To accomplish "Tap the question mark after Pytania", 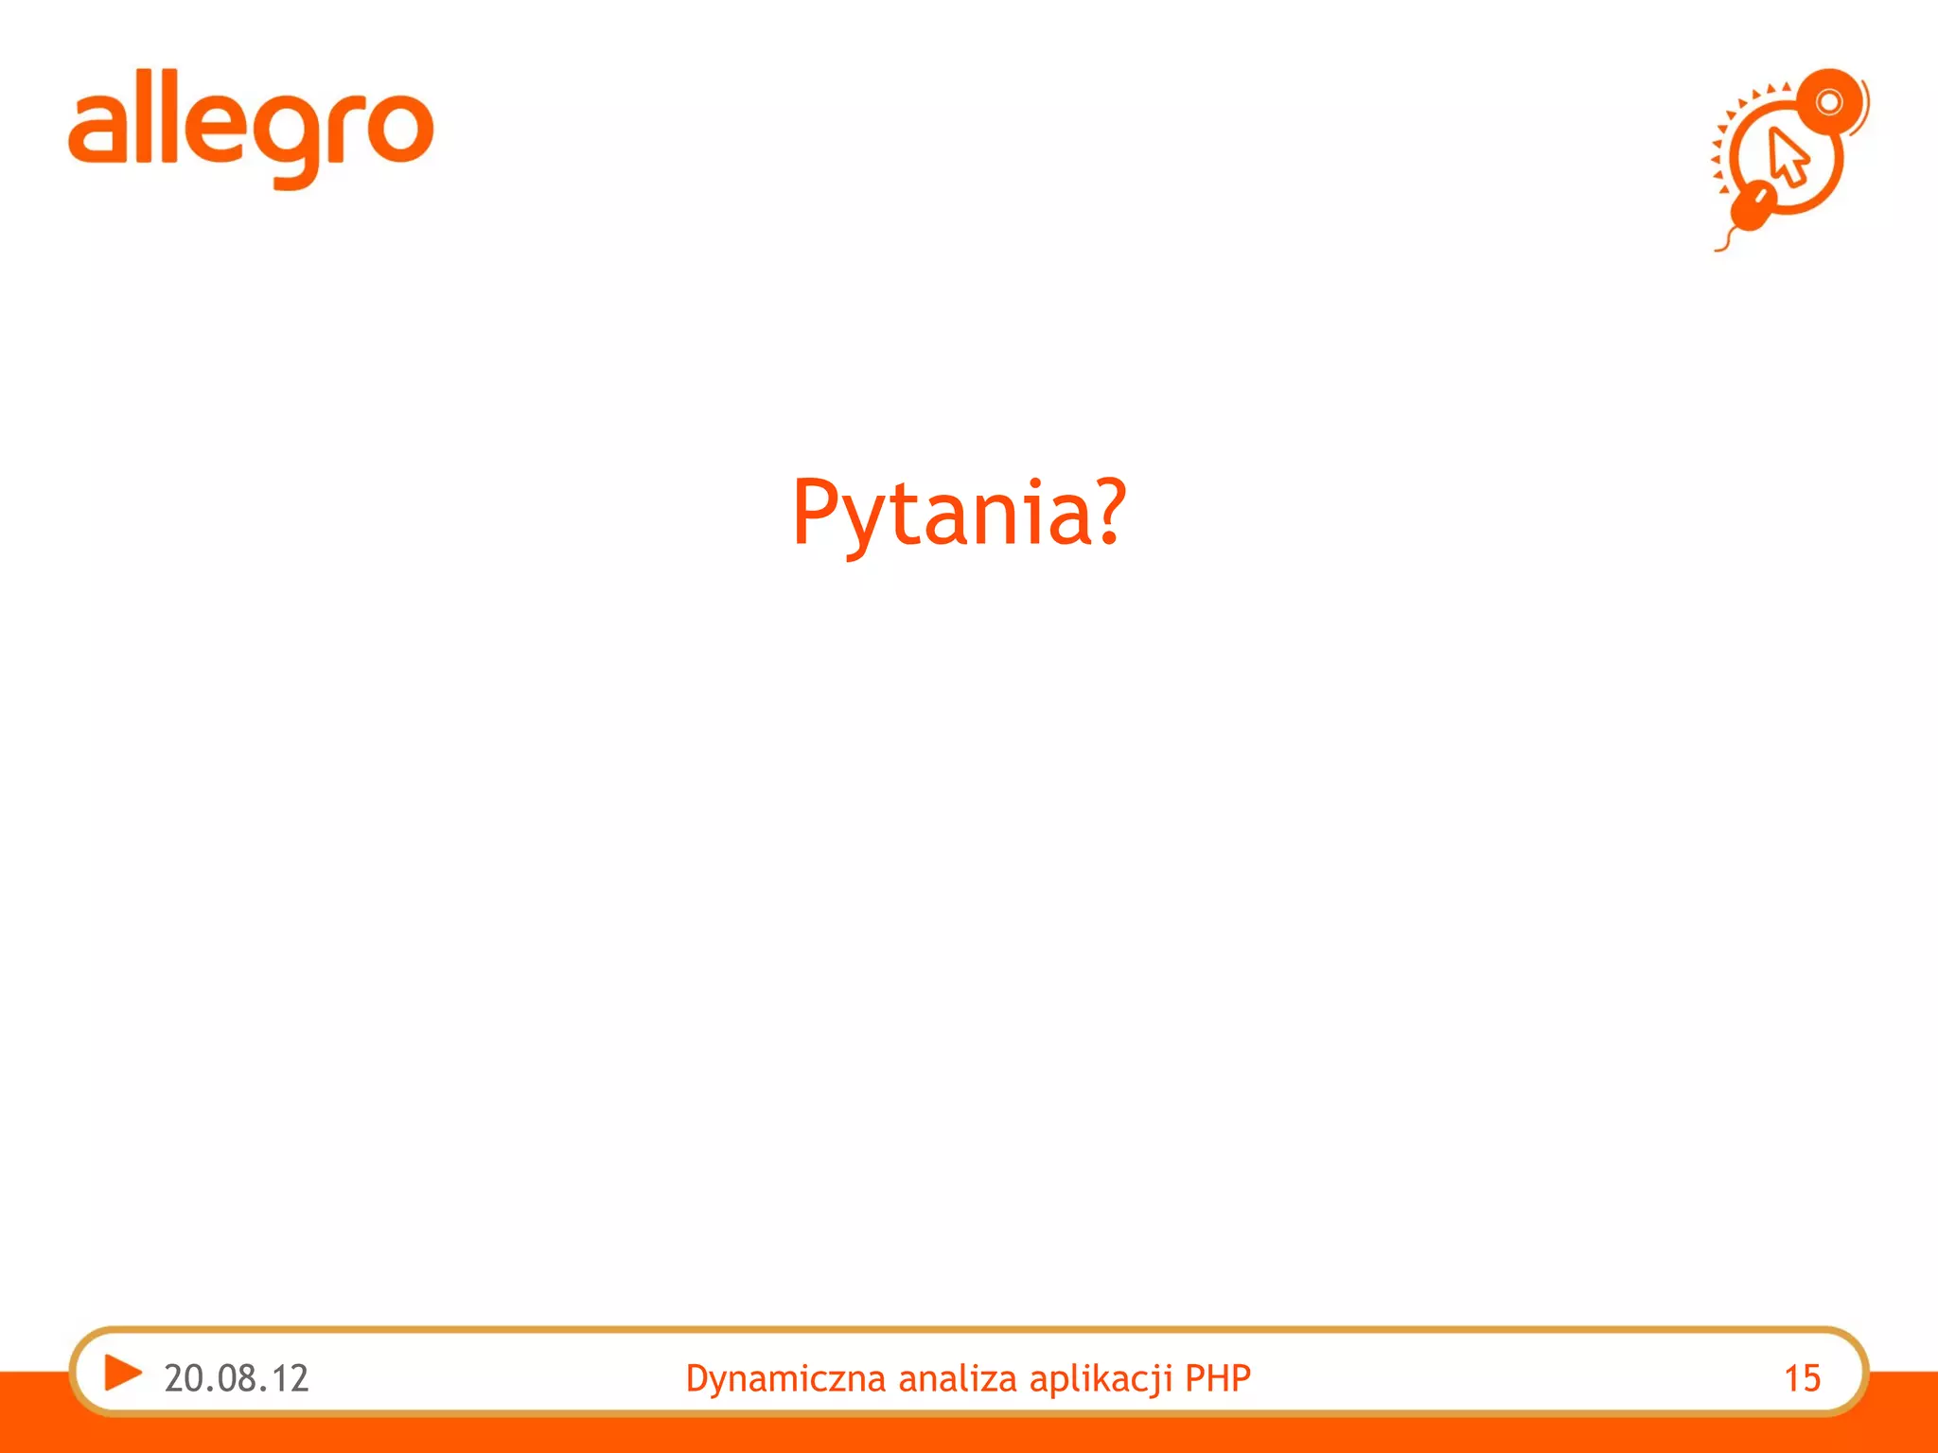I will [1103, 511].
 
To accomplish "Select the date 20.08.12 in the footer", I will [237, 1378].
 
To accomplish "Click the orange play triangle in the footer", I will [122, 1373].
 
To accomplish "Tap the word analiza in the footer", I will [959, 1378].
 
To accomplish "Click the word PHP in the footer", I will [1218, 1378].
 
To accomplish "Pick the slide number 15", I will [1802, 1378].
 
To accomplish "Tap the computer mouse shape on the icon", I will [1753, 207].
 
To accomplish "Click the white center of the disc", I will [1829, 102].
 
